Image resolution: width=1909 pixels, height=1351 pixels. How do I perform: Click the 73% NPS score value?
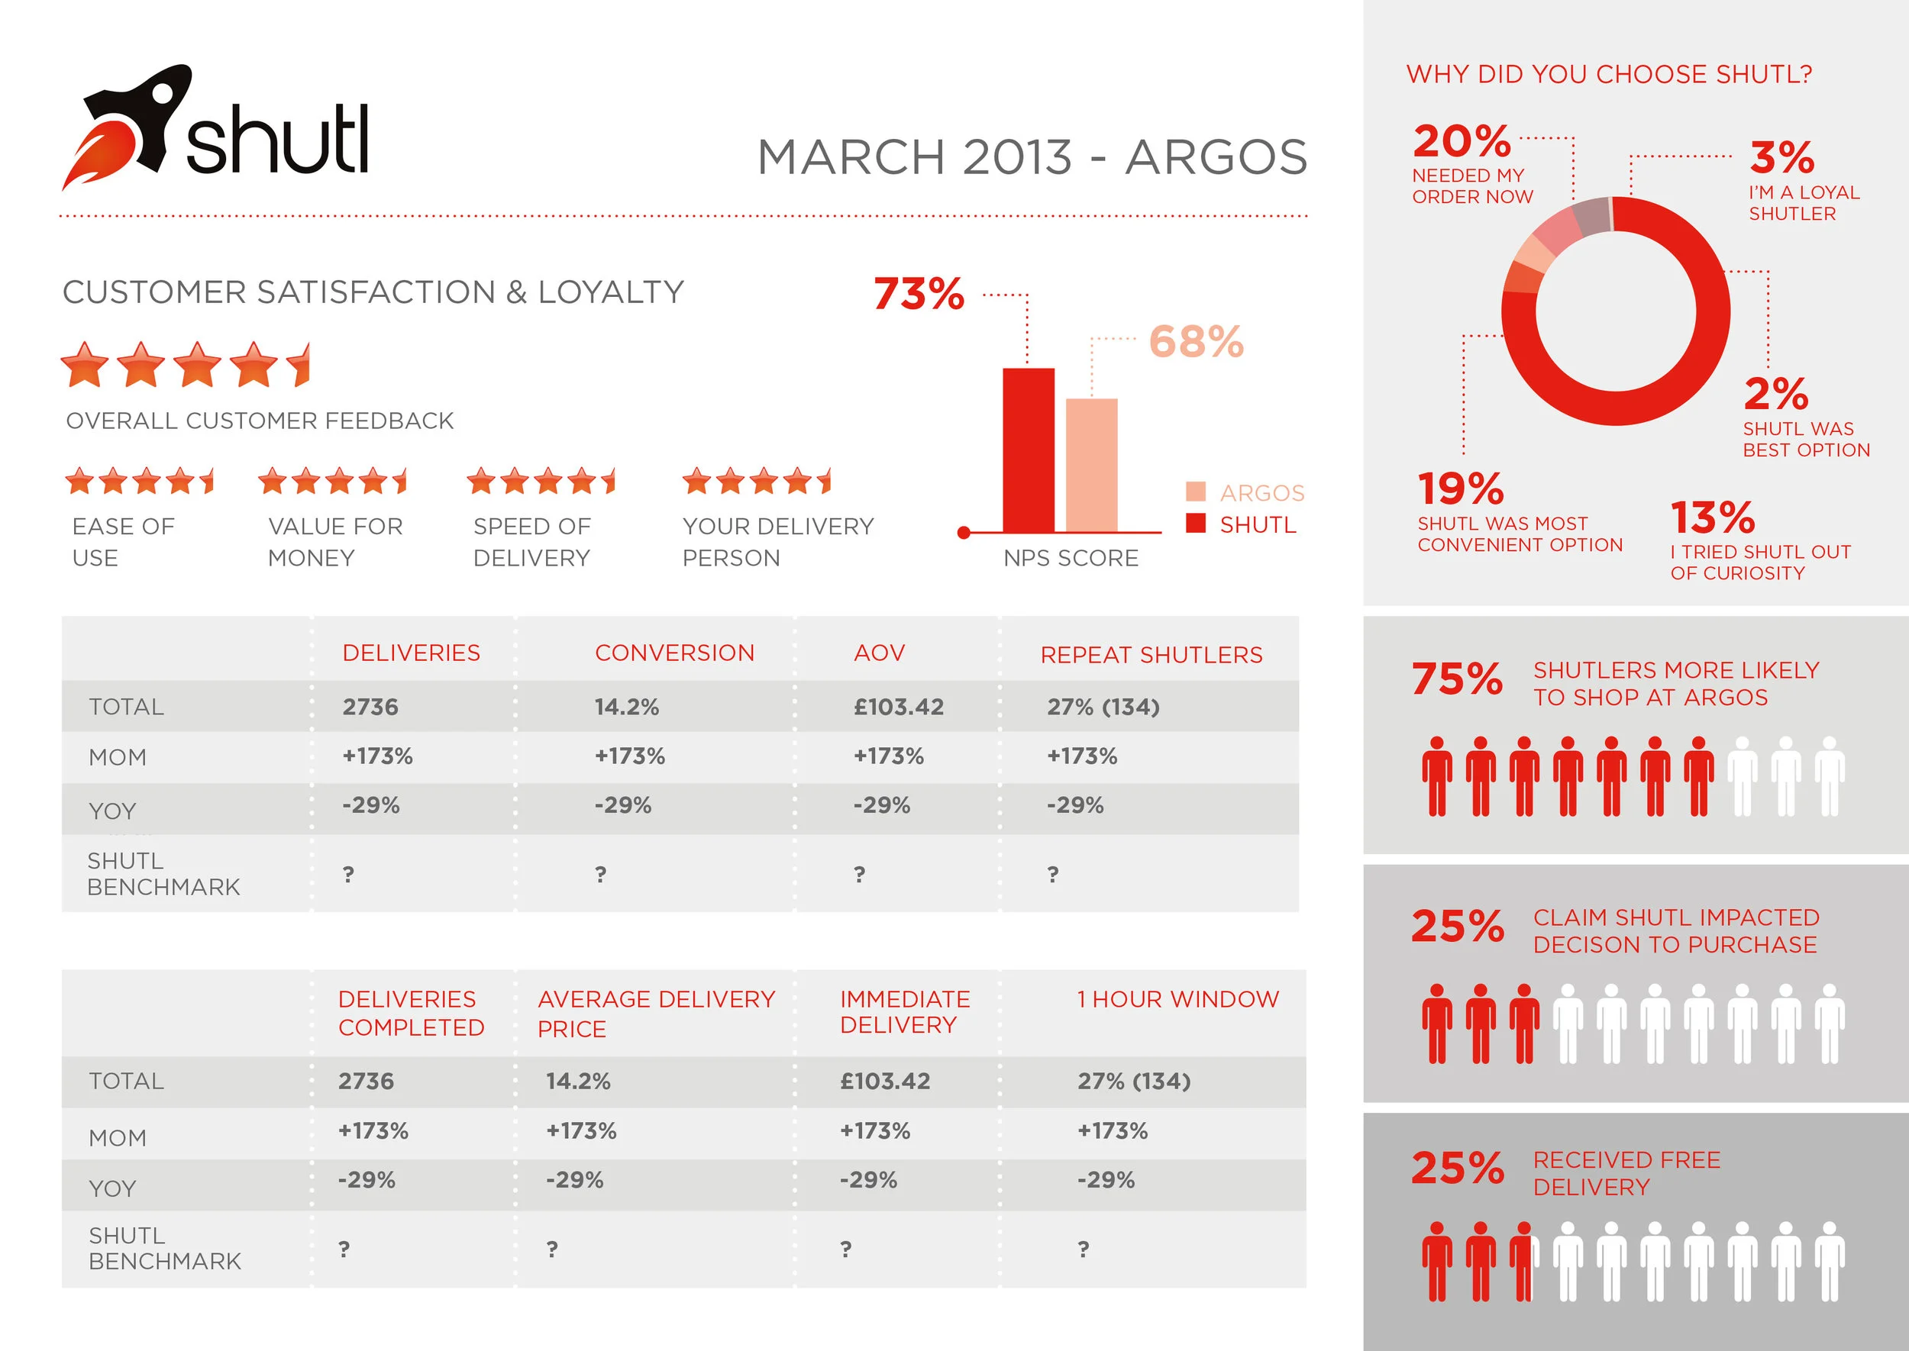pos(919,294)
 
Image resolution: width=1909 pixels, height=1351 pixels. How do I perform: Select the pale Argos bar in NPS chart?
pos(1091,465)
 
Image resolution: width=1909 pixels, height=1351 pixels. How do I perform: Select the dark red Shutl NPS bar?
pos(1028,450)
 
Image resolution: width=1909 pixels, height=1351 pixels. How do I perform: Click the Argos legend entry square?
pos(1195,492)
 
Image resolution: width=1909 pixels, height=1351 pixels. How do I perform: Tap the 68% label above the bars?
pos(1196,342)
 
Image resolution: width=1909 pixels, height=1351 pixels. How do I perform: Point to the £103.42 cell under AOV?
pos(898,707)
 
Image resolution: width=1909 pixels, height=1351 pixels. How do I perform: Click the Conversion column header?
pos(674,653)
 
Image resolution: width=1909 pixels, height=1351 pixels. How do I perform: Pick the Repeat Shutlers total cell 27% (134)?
pos(1103,707)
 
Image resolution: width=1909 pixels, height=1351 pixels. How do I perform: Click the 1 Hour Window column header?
pos(1177,999)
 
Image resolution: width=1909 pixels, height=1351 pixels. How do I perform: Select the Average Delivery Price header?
pos(656,1012)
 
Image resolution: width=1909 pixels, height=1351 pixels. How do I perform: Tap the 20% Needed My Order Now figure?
pos(1462,141)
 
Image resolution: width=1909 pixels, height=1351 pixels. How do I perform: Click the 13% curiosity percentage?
pos(1712,518)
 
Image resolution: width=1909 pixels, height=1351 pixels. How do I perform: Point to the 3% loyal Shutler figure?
pos(1781,157)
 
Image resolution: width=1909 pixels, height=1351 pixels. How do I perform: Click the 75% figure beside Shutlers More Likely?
pos(1456,679)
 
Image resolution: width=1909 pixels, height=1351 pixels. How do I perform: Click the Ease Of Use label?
pos(123,542)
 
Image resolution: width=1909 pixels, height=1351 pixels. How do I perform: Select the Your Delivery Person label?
pos(777,542)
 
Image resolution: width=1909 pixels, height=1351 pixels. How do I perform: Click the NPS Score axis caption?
pos(1070,558)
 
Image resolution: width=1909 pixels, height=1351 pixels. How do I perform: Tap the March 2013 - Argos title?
pos(1032,157)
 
